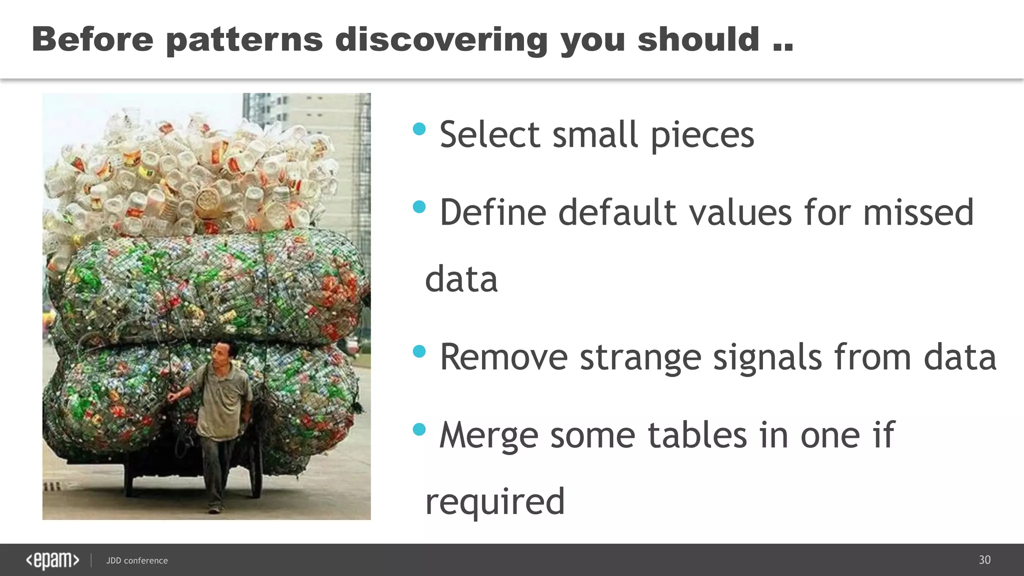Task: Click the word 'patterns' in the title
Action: (x=244, y=40)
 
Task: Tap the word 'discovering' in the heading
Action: (x=441, y=40)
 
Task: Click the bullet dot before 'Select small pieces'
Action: (x=419, y=129)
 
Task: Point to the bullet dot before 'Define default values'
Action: (x=419, y=207)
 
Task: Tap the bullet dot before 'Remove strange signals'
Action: (x=419, y=351)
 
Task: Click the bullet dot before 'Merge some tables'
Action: (x=419, y=429)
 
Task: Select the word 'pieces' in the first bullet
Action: (x=702, y=135)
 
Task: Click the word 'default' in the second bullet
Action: (x=616, y=212)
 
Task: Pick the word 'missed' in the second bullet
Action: (x=918, y=212)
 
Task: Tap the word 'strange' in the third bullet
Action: (x=640, y=357)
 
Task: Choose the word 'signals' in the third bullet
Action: (x=767, y=357)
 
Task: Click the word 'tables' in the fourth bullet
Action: (x=697, y=435)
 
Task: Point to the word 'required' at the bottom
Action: (x=494, y=502)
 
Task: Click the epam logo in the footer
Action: (x=52, y=560)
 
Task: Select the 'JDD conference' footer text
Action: (x=137, y=561)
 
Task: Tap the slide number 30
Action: (x=984, y=560)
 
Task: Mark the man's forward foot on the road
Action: (x=214, y=509)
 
